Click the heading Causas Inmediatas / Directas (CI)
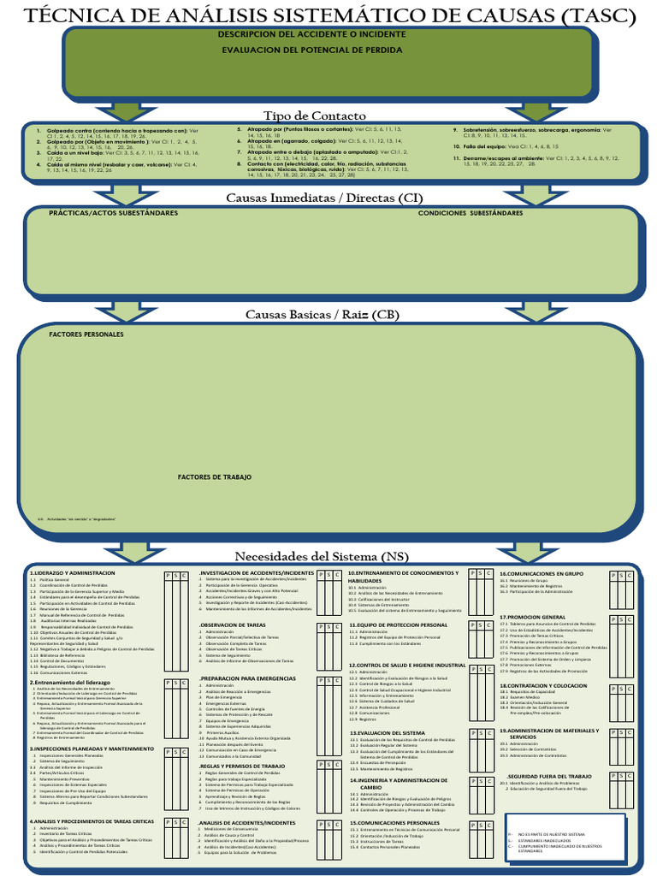click(x=323, y=198)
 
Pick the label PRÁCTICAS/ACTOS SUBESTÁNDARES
click(x=114, y=212)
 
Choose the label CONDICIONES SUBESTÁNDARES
click(x=470, y=212)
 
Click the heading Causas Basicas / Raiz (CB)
click(x=323, y=315)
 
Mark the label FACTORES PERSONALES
click(x=86, y=334)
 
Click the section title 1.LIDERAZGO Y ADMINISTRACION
click(x=73, y=572)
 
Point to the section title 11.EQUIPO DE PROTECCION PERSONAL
click(x=398, y=625)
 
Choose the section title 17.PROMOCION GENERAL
click(x=533, y=617)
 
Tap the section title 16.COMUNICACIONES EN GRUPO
click(x=542, y=573)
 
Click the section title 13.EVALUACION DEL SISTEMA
click(x=387, y=733)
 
